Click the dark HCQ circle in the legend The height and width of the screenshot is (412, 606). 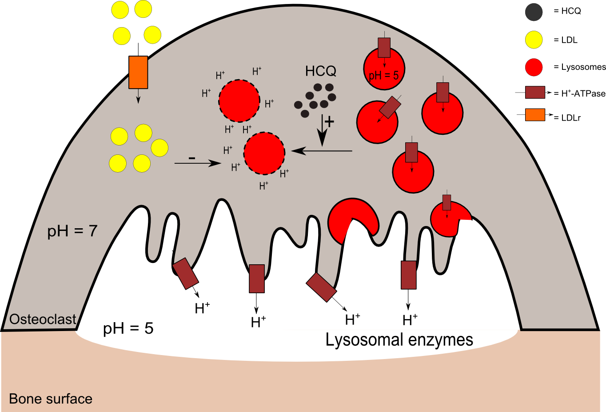[x=534, y=12]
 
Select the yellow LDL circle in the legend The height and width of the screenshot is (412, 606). [x=534, y=40]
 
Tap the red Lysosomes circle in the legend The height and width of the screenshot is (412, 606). [x=534, y=67]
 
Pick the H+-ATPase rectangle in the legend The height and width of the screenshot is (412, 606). [x=535, y=93]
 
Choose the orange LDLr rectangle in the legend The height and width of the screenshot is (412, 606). [x=535, y=115]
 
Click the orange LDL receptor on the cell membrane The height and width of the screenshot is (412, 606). [x=138, y=72]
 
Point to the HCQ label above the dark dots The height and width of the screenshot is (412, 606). [x=320, y=71]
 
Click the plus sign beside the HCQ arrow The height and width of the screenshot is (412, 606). [x=329, y=121]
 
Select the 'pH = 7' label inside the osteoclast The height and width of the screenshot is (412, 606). [x=72, y=231]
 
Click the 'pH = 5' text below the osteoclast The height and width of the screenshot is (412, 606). [x=128, y=328]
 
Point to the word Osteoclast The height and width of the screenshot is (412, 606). [x=43, y=319]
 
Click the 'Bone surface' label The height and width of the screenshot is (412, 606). [x=51, y=399]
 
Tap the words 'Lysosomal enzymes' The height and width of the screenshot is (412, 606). [x=399, y=340]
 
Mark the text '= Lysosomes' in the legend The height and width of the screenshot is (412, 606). [x=579, y=67]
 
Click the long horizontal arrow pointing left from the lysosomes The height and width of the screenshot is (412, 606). [x=322, y=151]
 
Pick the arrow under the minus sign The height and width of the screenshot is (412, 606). [x=198, y=163]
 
